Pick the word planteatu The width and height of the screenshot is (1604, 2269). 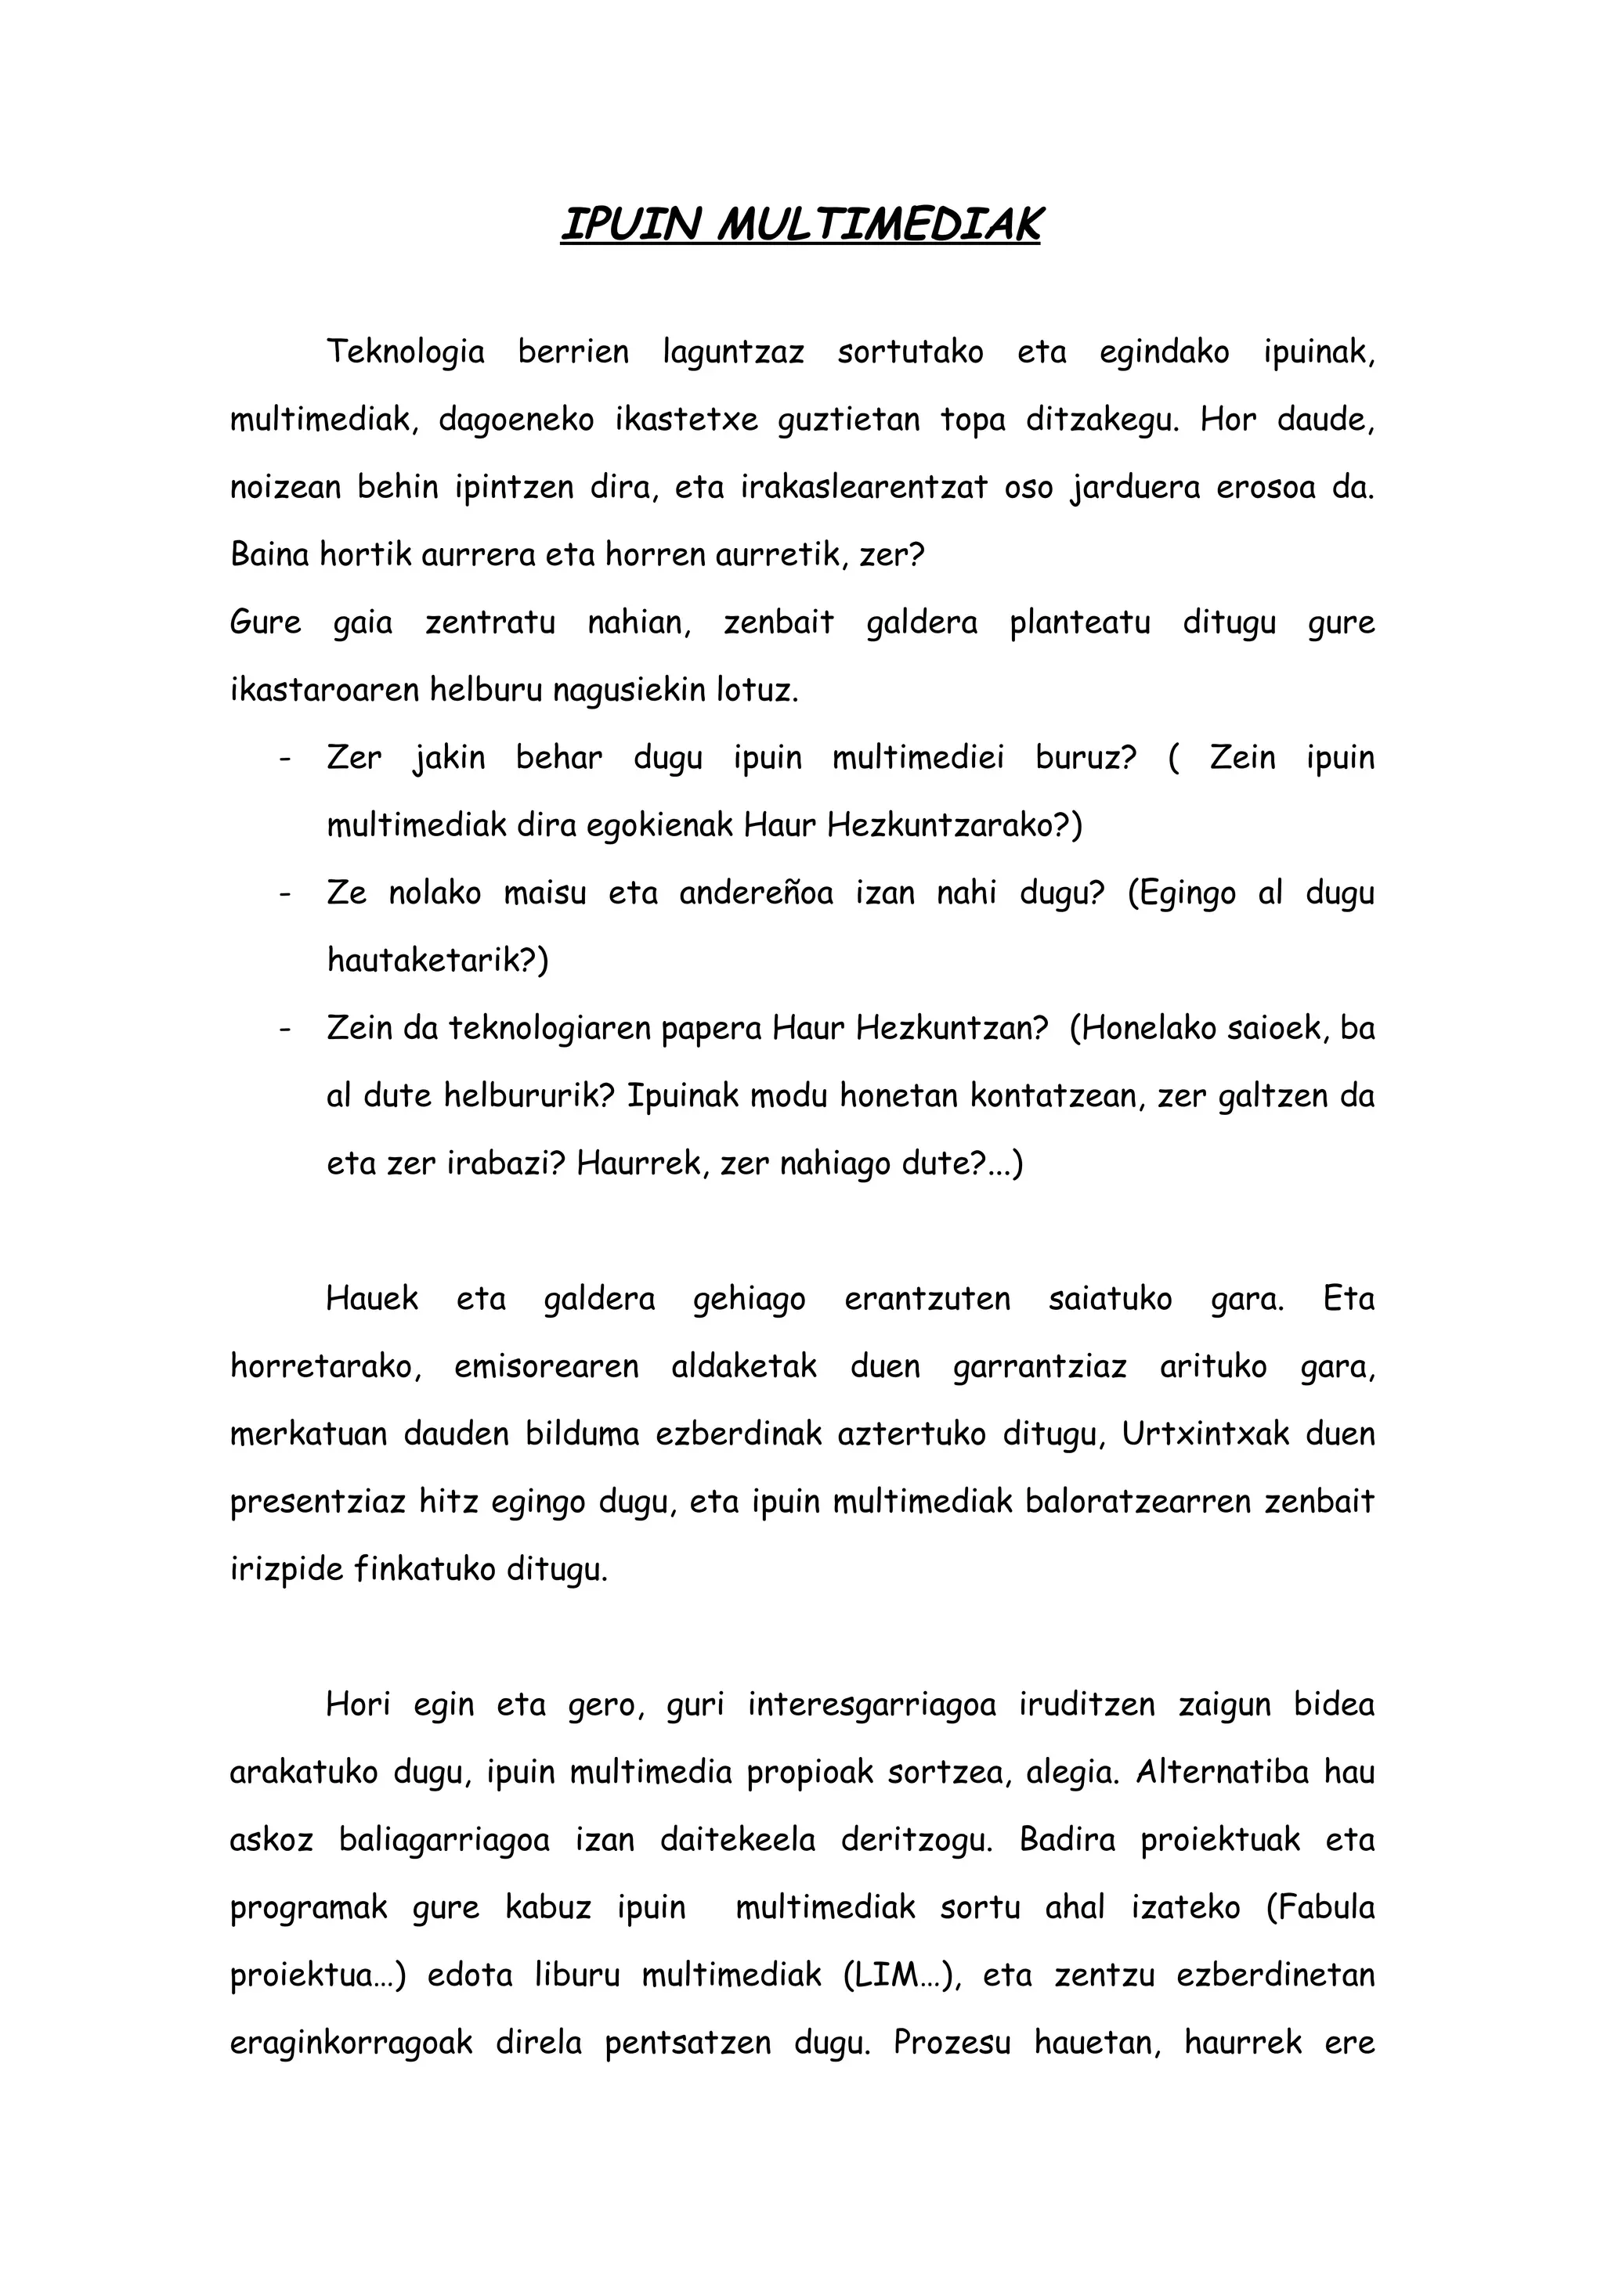(x=1079, y=623)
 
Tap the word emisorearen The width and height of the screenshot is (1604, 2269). (x=546, y=1367)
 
